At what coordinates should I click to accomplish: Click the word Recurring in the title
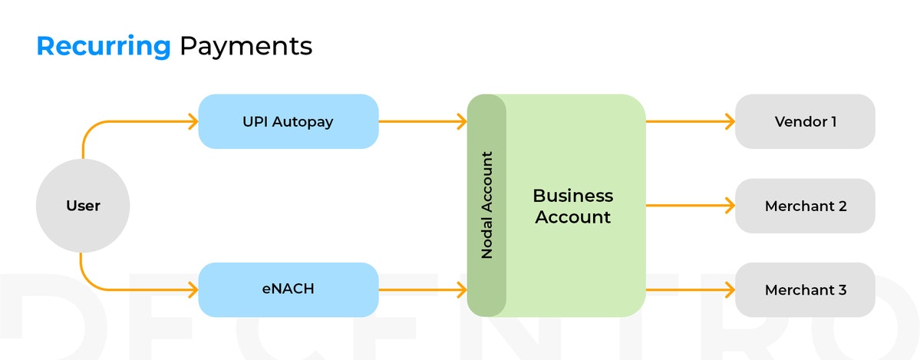104,47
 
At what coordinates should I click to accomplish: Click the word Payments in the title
246,47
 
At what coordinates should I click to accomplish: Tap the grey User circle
83,206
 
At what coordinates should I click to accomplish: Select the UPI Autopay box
288,121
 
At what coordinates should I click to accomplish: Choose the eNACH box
288,289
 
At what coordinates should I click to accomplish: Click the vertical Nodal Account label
486,205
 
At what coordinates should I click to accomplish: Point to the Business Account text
572,206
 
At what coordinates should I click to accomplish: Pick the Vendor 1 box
805,121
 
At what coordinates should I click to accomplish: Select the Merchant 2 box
805,206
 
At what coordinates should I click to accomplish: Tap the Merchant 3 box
805,290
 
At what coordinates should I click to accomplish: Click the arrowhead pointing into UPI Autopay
192,121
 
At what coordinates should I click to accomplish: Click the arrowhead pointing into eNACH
192,289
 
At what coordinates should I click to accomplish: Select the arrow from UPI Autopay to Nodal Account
422,121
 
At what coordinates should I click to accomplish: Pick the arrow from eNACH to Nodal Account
422,289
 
